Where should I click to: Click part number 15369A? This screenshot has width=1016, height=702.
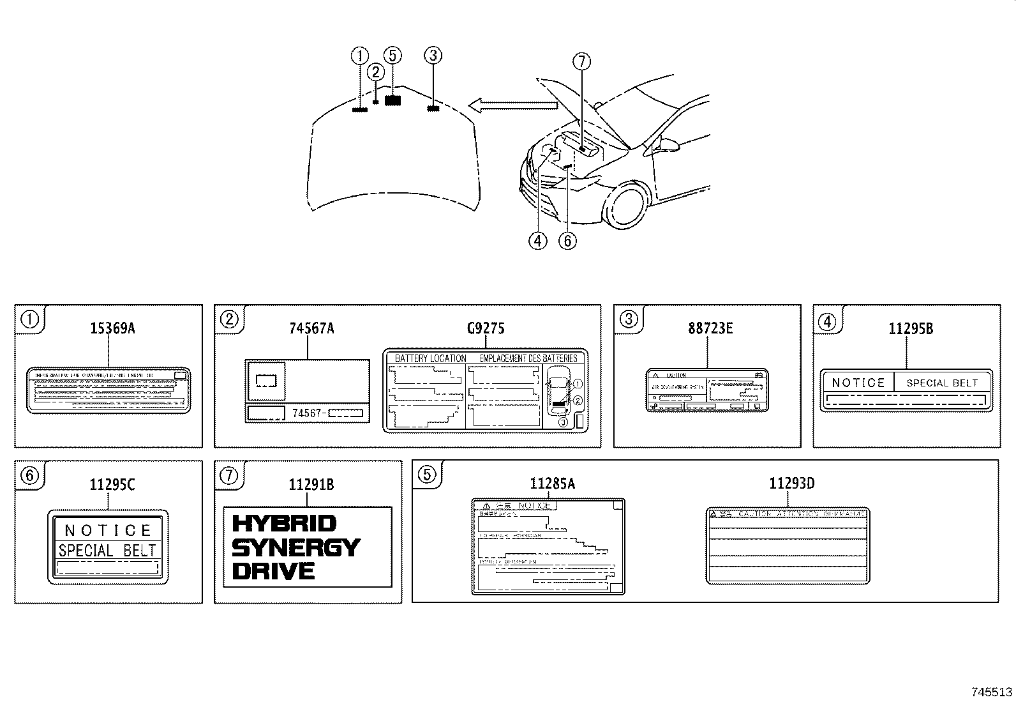[x=112, y=328]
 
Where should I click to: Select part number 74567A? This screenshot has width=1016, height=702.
[x=311, y=328]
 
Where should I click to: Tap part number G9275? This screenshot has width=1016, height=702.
[x=486, y=328]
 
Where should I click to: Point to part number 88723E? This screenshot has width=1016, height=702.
[x=710, y=328]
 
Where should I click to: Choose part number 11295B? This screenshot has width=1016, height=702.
[x=911, y=328]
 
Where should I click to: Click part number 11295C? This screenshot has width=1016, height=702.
[x=112, y=485]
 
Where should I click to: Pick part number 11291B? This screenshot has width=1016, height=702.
[x=311, y=485]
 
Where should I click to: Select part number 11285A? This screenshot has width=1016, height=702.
[x=552, y=484]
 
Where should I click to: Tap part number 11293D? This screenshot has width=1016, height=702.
[x=791, y=484]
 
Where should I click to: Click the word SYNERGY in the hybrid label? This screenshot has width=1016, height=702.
[x=296, y=547]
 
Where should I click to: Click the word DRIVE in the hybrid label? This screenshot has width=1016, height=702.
[x=273, y=571]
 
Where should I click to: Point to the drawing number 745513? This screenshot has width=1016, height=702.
[x=992, y=692]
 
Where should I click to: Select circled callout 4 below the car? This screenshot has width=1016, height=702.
[x=537, y=241]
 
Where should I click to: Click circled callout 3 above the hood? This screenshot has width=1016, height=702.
[x=433, y=56]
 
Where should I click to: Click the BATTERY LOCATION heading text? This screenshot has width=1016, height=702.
[x=430, y=358]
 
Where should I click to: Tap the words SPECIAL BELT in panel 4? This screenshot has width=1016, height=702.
[x=942, y=383]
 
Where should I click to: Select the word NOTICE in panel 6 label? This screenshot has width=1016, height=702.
[x=108, y=530]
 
